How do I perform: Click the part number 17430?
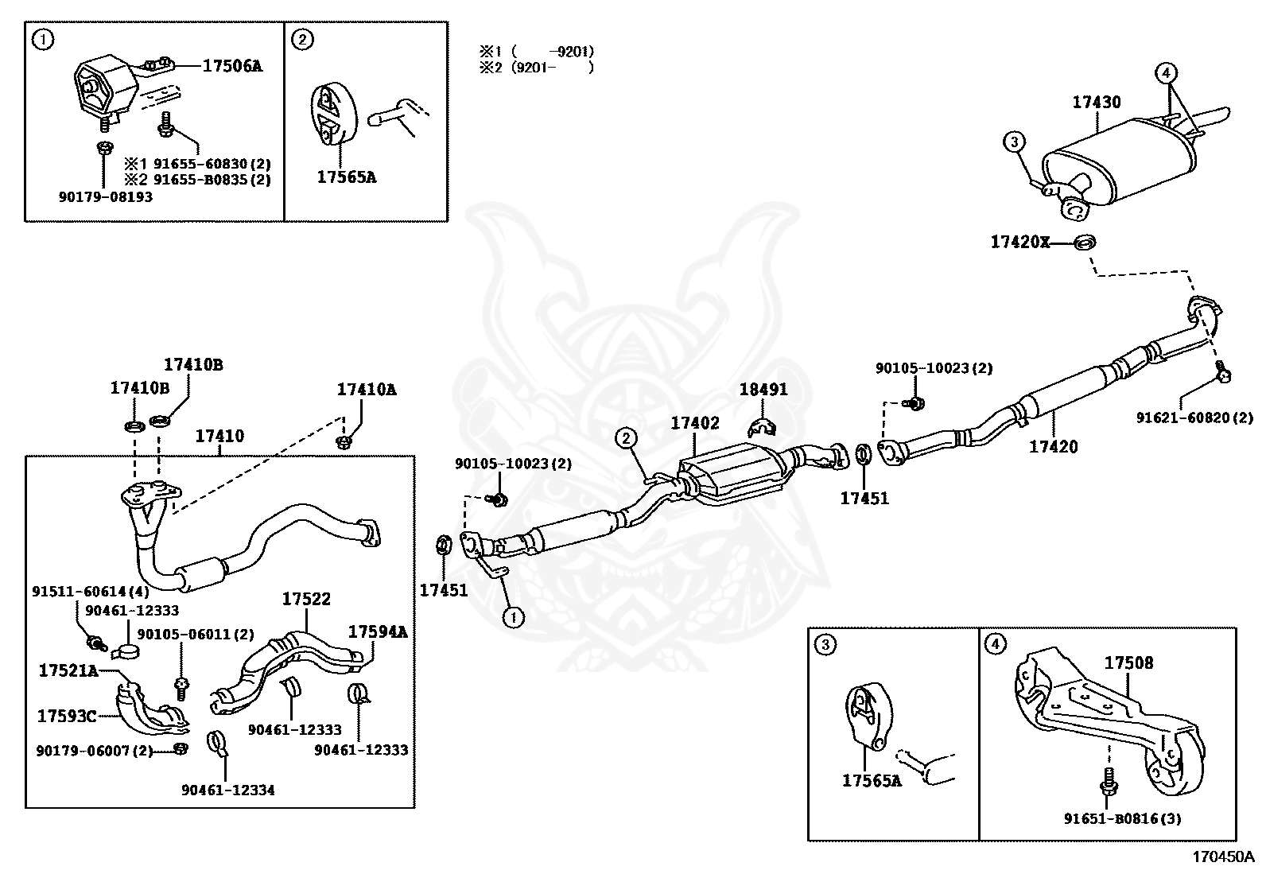(x=1096, y=103)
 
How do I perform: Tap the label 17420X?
(x=1019, y=242)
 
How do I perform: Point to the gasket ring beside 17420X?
(x=1084, y=242)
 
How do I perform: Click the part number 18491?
(x=763, y=390)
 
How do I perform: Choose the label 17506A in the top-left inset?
(x=231, y=66)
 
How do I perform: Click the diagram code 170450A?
(x=1221, y=857)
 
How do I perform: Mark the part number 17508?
(x=1128, y=662)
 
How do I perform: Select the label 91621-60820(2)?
(x=1194, y=417)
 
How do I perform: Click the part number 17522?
(x=306, y=600)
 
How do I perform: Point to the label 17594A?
(x=378, y=632)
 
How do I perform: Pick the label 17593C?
(x=67, y=716)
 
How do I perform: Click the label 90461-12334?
(x=228, y=790)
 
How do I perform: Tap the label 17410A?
(x=367, y=390)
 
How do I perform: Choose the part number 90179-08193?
(x=105, y=196)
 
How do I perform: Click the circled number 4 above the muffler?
(x=1166, y=73)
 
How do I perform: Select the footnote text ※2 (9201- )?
(x=536, y=68)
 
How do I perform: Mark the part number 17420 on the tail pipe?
(x=1054, y=447)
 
